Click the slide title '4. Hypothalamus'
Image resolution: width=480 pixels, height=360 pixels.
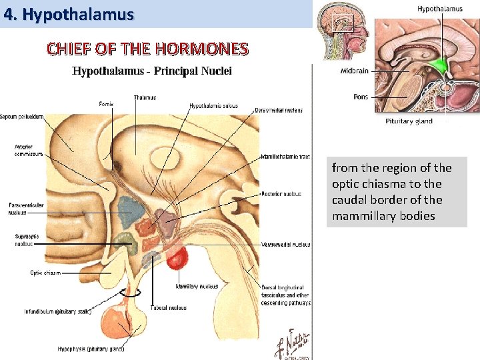tap(69, 14)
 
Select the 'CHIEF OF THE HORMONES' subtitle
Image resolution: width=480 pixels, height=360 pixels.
tap(147, 49)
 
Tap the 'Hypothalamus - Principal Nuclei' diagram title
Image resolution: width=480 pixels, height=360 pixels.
tap(152, 71)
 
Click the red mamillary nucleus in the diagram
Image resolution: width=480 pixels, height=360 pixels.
tap(178, 257)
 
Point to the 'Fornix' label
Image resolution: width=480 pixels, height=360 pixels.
tap(106, 104)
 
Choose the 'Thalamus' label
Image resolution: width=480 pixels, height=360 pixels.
tap(145, 97)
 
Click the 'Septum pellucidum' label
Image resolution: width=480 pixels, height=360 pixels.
tap(22, 117)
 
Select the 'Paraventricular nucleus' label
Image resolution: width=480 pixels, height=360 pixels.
tap(26, 209)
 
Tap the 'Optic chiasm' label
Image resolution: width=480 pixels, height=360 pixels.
tap(45, 272)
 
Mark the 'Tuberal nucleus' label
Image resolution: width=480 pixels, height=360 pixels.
tap(168, 308)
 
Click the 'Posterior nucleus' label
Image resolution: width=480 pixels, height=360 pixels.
tap(281, 194)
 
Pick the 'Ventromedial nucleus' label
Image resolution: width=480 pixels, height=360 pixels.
tap(285, 245)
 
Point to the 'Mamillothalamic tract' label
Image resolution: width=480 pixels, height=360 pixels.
tap(285, 157)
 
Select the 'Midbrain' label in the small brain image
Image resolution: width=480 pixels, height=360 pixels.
tap(354, 71)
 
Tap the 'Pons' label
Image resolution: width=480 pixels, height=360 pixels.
tap(361, 97)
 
